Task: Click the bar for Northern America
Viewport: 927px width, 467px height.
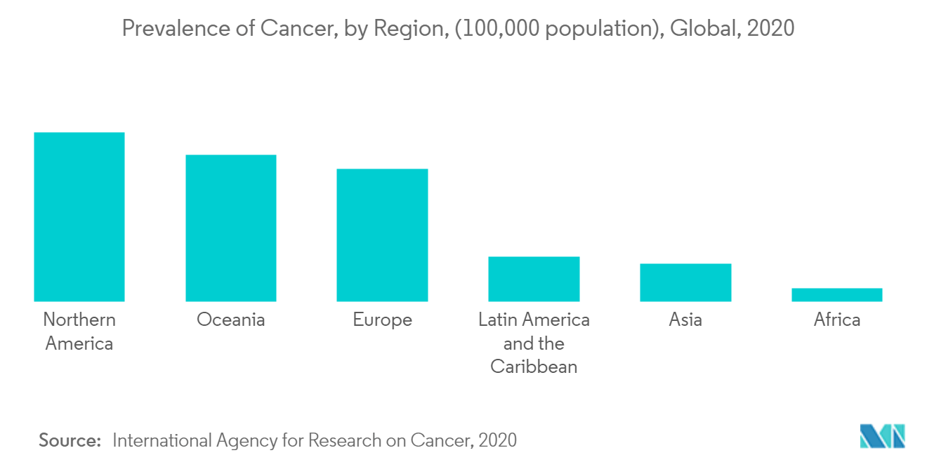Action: tap(79, 217)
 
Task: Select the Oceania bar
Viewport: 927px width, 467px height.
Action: tap(230, 228)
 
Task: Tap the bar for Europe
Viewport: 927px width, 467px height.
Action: tap(382, 235)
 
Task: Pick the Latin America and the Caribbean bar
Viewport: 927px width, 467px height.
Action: tap(534, 279)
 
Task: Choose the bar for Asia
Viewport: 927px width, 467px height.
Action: tap(685, 282)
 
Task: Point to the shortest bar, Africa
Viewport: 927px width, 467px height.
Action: tap(836, 295)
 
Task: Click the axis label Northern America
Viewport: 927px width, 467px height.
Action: tap(79, 331)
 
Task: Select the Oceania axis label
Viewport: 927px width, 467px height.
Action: tap(230, 320)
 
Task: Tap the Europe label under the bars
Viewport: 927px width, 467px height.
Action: tap(382, 320)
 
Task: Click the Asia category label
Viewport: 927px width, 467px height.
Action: tap(685, 320)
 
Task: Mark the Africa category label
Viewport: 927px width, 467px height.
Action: tap(836, 320)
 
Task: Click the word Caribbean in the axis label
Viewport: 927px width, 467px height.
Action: tap(534, 367)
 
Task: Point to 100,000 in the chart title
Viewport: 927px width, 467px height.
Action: tap(497, 29)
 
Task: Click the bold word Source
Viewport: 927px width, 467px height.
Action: tap(70, 440)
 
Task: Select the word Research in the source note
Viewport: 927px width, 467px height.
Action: tap(343, 440)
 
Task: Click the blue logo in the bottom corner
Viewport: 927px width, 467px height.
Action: tap(882, 436)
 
